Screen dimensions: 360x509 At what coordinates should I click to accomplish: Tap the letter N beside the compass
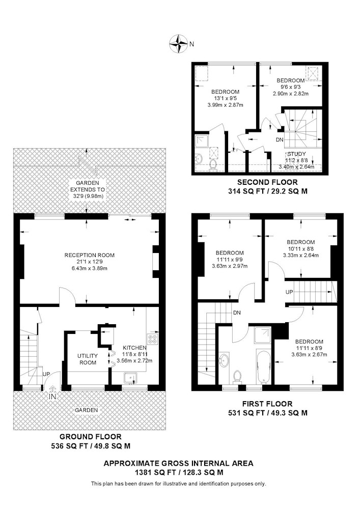[x=191, y=44]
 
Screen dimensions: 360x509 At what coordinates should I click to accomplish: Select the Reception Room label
[x=90, y=255]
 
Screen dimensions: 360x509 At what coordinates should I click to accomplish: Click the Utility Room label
[x=88, y=359]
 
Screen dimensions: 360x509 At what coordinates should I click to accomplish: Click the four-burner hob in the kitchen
[x=153, y=339]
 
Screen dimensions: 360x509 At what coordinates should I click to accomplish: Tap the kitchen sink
[x=131, y=378]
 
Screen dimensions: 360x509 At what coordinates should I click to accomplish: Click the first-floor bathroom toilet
[x=237, y=377]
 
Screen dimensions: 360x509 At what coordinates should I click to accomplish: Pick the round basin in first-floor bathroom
[x=224, y=360]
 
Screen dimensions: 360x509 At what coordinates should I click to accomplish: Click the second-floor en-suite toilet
[x=213, y=164]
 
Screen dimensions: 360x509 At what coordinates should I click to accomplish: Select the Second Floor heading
[x=267, y=182]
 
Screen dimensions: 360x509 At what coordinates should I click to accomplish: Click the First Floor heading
[x=267, y=404]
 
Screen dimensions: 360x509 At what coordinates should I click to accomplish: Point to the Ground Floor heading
[x=91, y=437]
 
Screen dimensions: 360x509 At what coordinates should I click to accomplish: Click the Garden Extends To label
[x=88, y=186]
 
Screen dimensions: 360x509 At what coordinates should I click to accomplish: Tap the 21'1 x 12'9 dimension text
[x=90, y=262]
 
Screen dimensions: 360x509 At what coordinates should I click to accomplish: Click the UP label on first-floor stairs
[x=289, y=292]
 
